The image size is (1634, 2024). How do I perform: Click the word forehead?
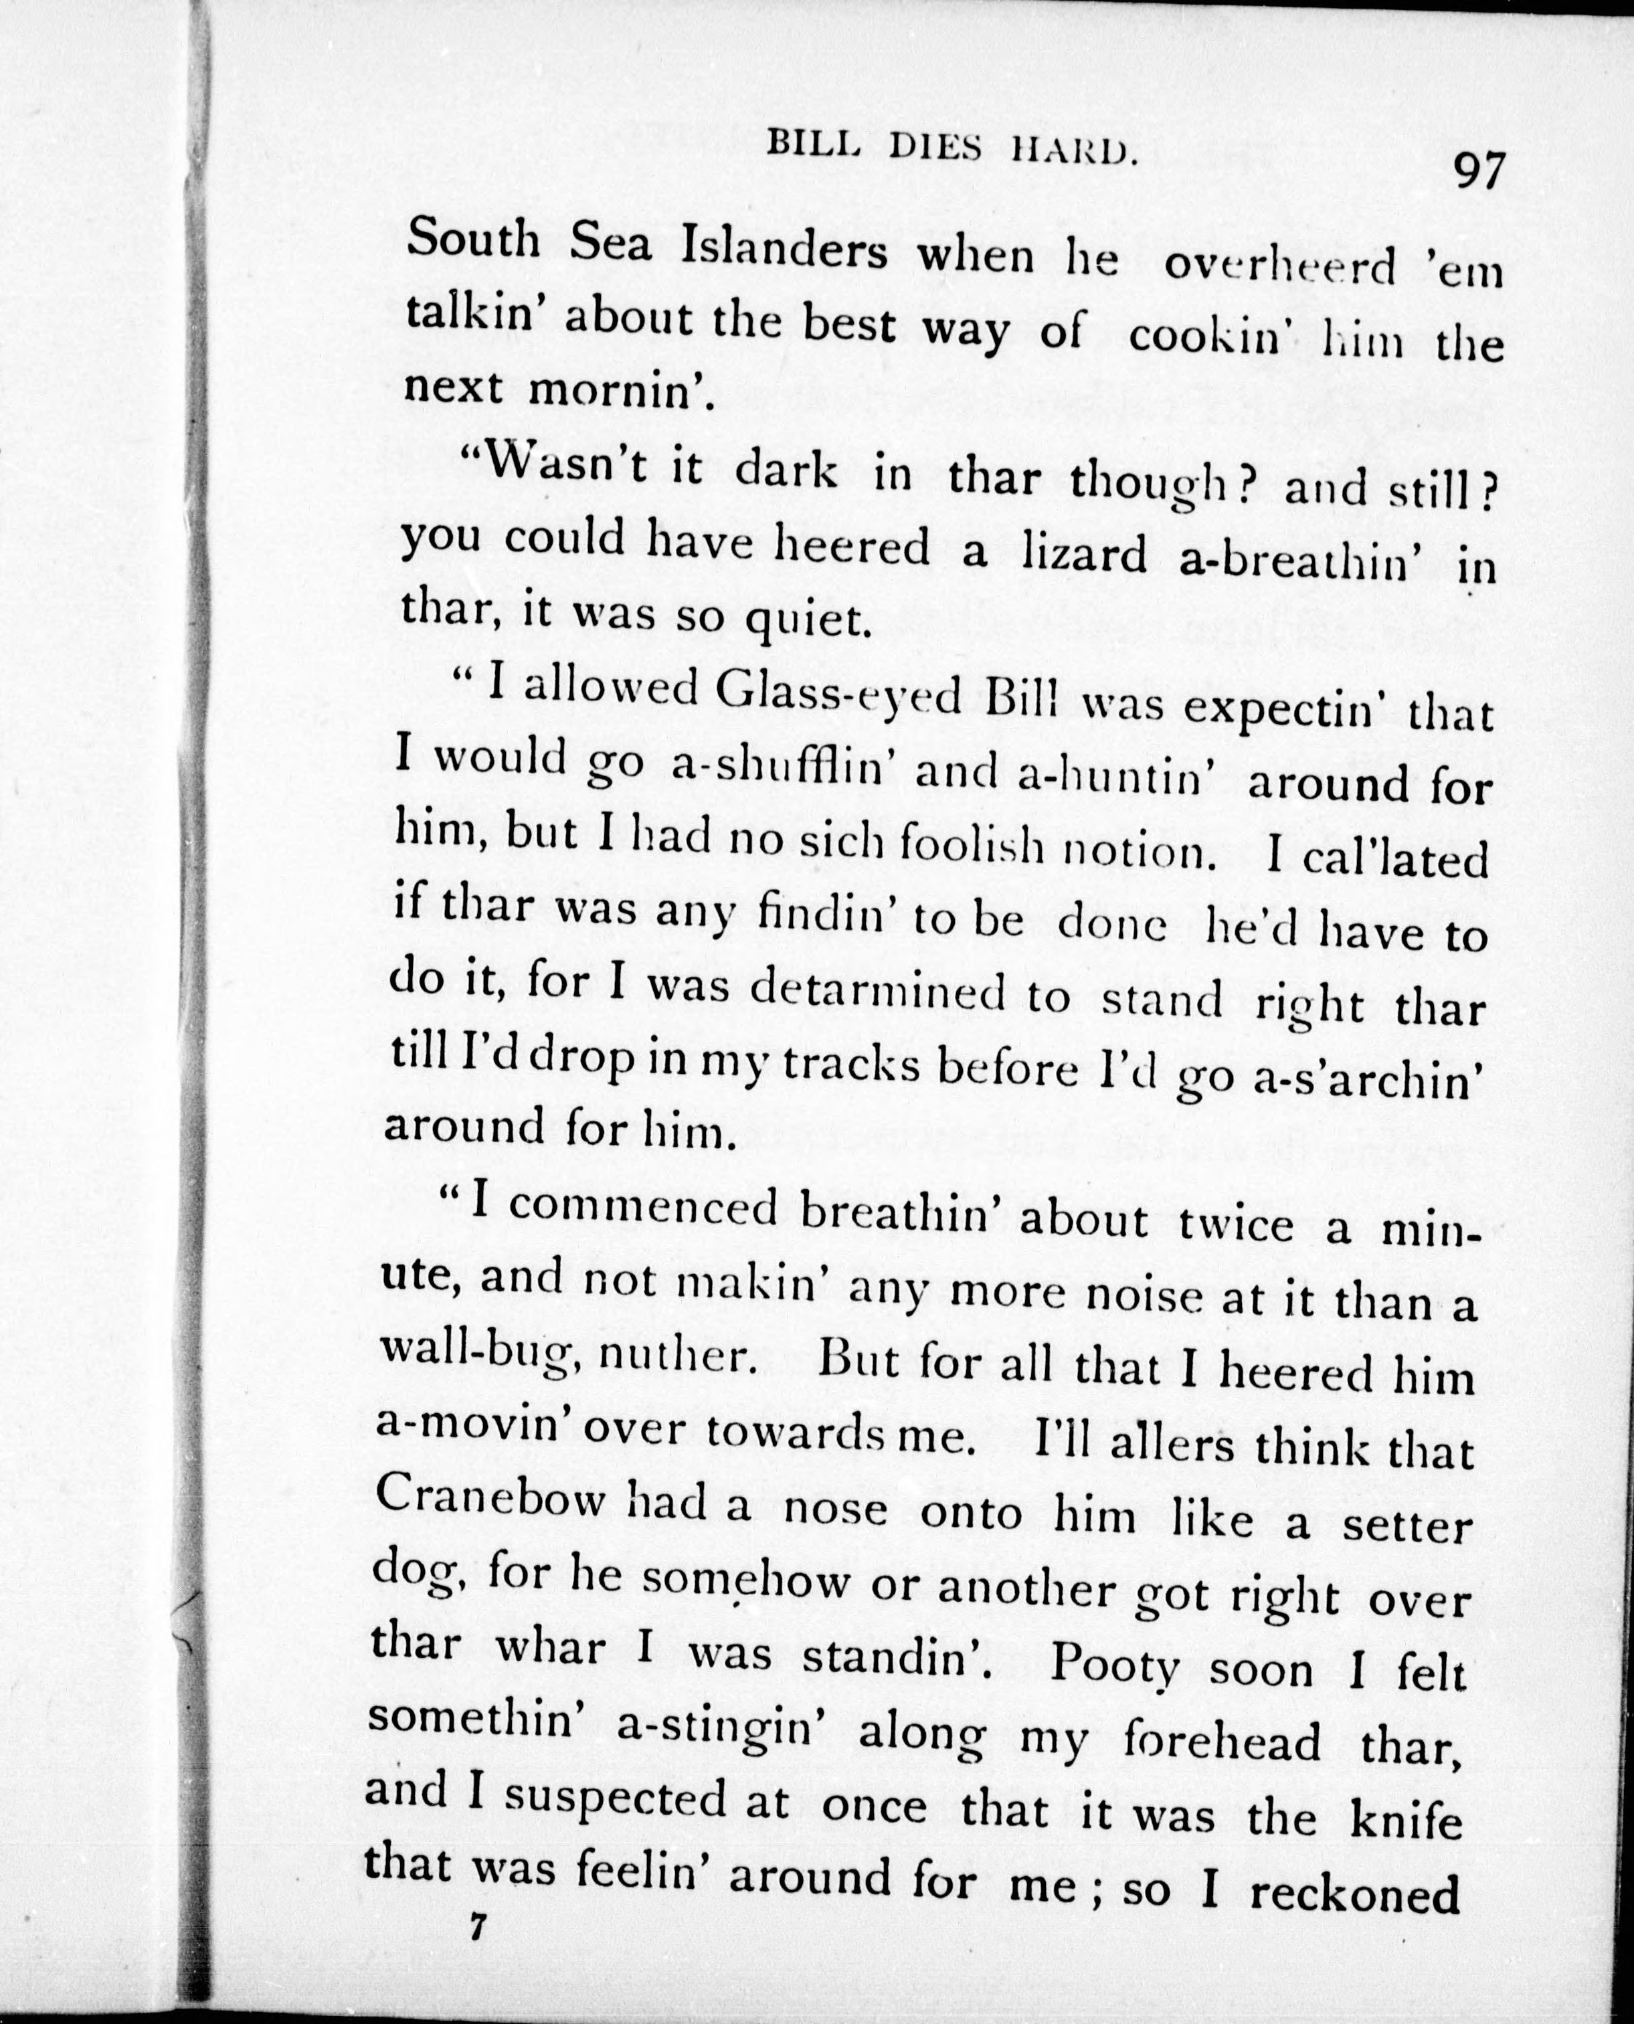click(x=1222, y=1743)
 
